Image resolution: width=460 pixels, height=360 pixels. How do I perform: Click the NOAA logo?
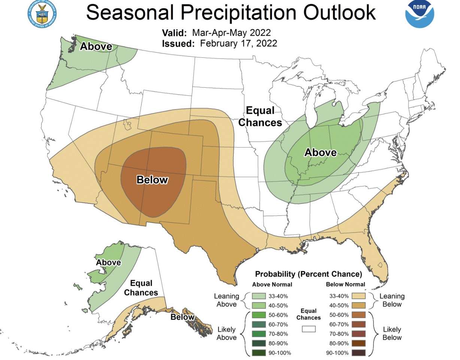[420, 13]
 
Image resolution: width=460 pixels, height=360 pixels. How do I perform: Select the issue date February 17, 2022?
[239, 43]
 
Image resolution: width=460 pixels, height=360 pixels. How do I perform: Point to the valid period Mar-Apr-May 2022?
[231, 33]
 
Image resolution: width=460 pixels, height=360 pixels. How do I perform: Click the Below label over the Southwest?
[152, 180]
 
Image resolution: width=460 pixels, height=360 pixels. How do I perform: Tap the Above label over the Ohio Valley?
[320, 153]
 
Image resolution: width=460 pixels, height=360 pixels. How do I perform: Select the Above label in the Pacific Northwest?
[96, 46]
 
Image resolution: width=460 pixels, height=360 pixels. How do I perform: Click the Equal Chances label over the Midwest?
[260, 117]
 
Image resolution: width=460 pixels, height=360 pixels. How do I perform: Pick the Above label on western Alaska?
[108, 262]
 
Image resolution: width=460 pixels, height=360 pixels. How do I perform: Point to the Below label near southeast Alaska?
[182, 317]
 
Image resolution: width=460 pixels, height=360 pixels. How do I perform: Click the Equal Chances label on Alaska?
[141, 288]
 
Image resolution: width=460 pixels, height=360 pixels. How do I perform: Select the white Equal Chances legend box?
[309, 329]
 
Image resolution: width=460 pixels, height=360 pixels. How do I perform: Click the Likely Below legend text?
[392, 333]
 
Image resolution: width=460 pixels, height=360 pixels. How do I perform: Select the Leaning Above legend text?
[226, 300]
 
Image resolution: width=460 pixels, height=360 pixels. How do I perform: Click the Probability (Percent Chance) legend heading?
[308, 274]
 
